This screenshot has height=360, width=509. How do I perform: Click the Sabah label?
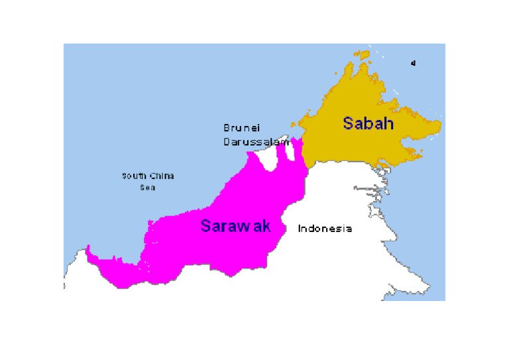368,123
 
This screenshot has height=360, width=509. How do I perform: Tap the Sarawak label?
235,226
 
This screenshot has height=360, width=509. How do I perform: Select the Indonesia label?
325,229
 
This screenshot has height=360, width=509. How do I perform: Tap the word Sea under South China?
146,188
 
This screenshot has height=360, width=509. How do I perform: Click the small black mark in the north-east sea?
413,64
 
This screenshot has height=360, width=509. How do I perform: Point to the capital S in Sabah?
348,123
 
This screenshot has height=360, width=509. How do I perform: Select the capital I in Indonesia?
300,229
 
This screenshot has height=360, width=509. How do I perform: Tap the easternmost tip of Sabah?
440,125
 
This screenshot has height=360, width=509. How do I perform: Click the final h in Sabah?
389,123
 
